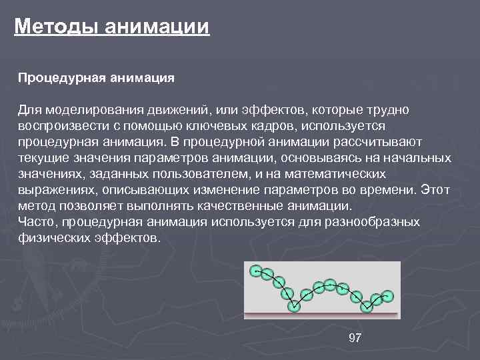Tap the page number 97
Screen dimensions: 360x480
[x=355, y=339]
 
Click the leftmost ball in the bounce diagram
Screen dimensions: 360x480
[x=255, y=270]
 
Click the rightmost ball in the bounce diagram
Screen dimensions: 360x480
[x=388, y=295]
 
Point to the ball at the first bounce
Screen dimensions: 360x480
[x=294, y=306]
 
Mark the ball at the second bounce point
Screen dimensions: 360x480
[x=366, y=307]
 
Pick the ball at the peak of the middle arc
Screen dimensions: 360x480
[x=330, y=284]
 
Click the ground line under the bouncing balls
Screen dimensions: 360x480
[x=322, y=314]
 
